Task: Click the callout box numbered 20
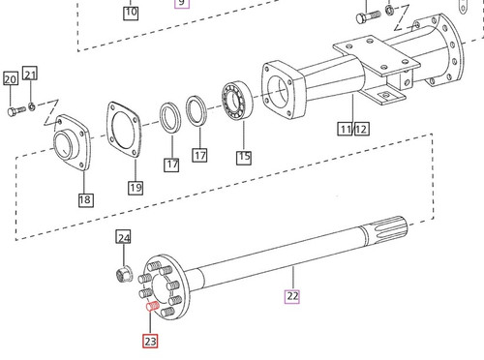(x=10, y=79)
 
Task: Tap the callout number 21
(x=31, y=75)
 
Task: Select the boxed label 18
(x=85, y=199)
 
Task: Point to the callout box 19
(x=135, y=188)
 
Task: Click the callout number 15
(x=243, y=154)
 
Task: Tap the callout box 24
(x=123, y=237)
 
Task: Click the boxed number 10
(x=132, y=13)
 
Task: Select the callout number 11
(x=344, y=129)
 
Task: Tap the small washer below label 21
(x=31, y=104)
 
